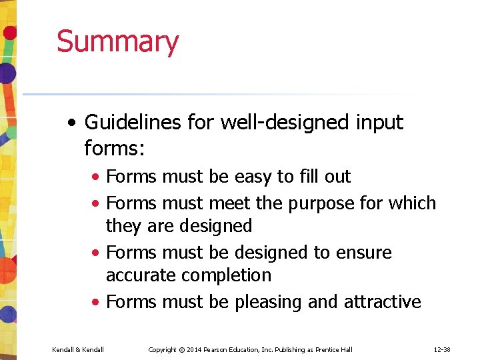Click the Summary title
[117, 41]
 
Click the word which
[413, 203]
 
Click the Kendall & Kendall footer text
[78, 349]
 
